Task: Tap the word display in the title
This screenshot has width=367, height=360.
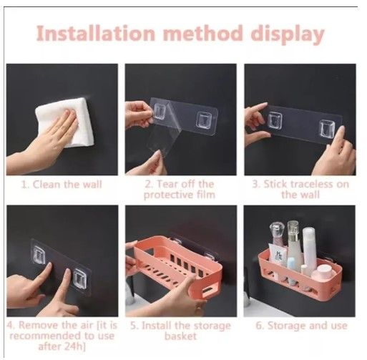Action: coord(287,34)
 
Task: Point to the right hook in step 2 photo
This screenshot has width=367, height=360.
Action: coord(204,116)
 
